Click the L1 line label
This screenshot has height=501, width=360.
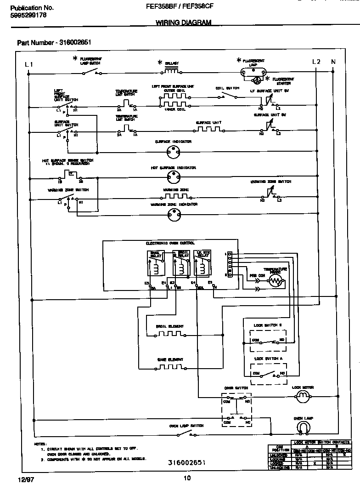[29, 65]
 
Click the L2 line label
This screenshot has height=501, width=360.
[316, 62]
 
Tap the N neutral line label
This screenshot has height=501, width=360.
[333, 62]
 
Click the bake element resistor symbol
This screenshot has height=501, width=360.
[169, 367]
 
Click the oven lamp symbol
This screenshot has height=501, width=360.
[302, 428]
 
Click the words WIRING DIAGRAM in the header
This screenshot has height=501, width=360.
[184, 23]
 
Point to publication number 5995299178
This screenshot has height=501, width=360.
[28, 15]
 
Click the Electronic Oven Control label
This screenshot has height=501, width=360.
[170, 243]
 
